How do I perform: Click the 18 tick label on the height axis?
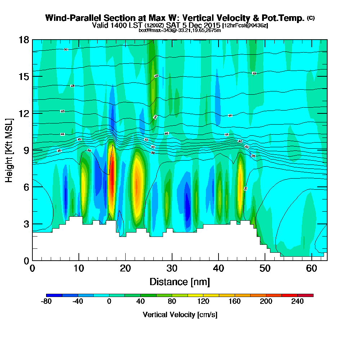point(24,40)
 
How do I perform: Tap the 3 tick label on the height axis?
point(26,224)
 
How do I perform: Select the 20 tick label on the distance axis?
point(125,269)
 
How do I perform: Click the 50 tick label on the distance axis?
point(265,269)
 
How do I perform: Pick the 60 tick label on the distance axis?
point(312,269)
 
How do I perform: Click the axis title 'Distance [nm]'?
point(180,282)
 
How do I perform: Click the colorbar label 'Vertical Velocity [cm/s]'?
point(180,315)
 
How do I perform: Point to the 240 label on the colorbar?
point(297,302)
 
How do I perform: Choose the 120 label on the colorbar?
point(203,302)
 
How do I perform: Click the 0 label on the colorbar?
point(109,302)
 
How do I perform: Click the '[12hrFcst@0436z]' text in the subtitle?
point(245,26)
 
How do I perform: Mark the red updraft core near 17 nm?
point(112,176)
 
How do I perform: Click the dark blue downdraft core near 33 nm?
point(187,205)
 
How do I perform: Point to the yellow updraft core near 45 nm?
point(240,184)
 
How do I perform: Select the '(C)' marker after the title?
point(311,18)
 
